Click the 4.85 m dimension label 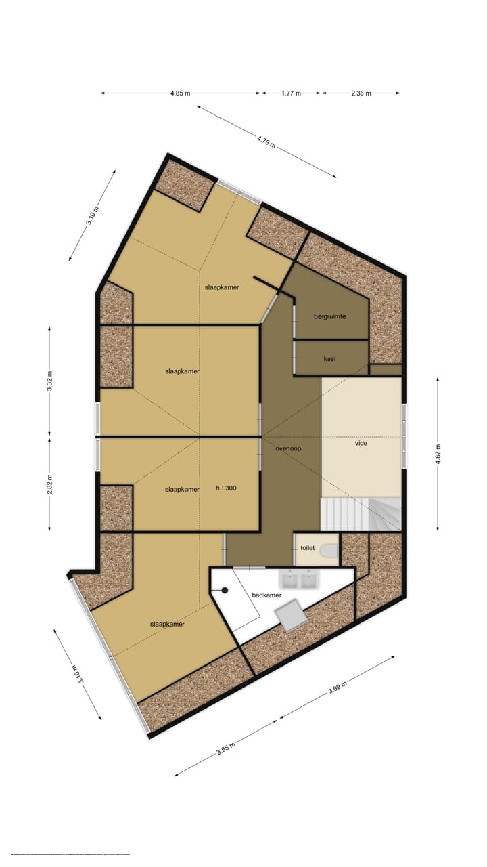click(181, 93)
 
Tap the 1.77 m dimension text click(291, 93)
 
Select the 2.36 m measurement click(361, 93)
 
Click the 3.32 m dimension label click(50, 381)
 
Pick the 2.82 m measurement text click(50, 484)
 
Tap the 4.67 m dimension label click(438, 453)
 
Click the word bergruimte click(330, 316)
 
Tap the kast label click(330, 358)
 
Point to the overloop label click(288, 448)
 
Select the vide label click(361, 444)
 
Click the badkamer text click(266, 595)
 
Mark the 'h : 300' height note click(227, 488)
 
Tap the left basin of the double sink click(291, 580)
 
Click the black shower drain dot click(224, 589)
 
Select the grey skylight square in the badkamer click(289, 615)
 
